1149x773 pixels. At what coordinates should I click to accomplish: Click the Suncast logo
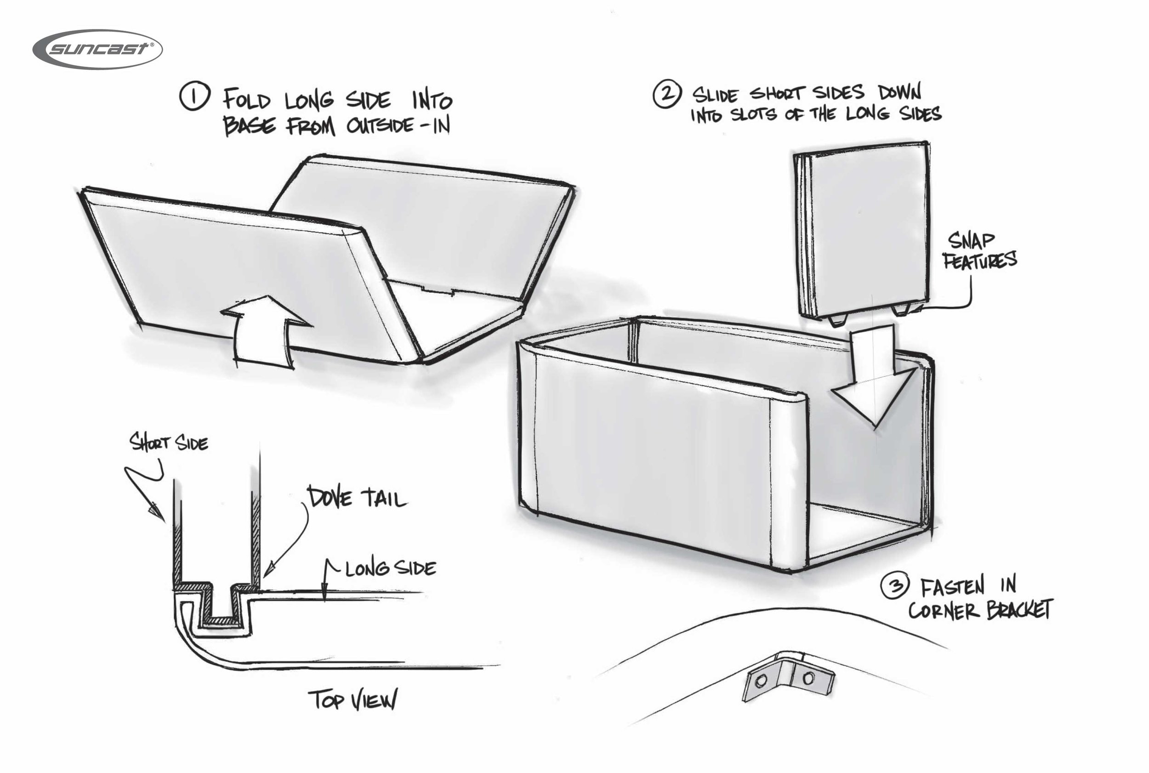coord(97,49)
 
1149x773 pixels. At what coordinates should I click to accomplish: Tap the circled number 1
coord(194,96)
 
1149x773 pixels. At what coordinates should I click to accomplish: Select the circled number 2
coord(667,94)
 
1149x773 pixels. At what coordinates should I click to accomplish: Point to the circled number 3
coord(893,587)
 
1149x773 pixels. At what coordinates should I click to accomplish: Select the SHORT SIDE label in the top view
coord(168,442)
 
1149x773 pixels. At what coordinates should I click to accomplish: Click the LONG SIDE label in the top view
coord(390,568)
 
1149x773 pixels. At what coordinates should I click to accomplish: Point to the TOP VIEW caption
coord(352,700)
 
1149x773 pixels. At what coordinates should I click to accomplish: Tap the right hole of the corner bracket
coord(808,678)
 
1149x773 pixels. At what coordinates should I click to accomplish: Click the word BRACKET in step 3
coord(1019,610)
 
